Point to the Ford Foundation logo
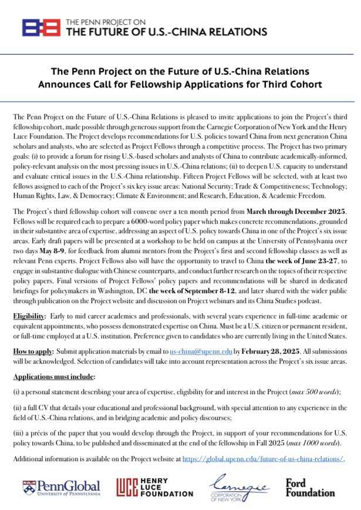click(310, 486)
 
